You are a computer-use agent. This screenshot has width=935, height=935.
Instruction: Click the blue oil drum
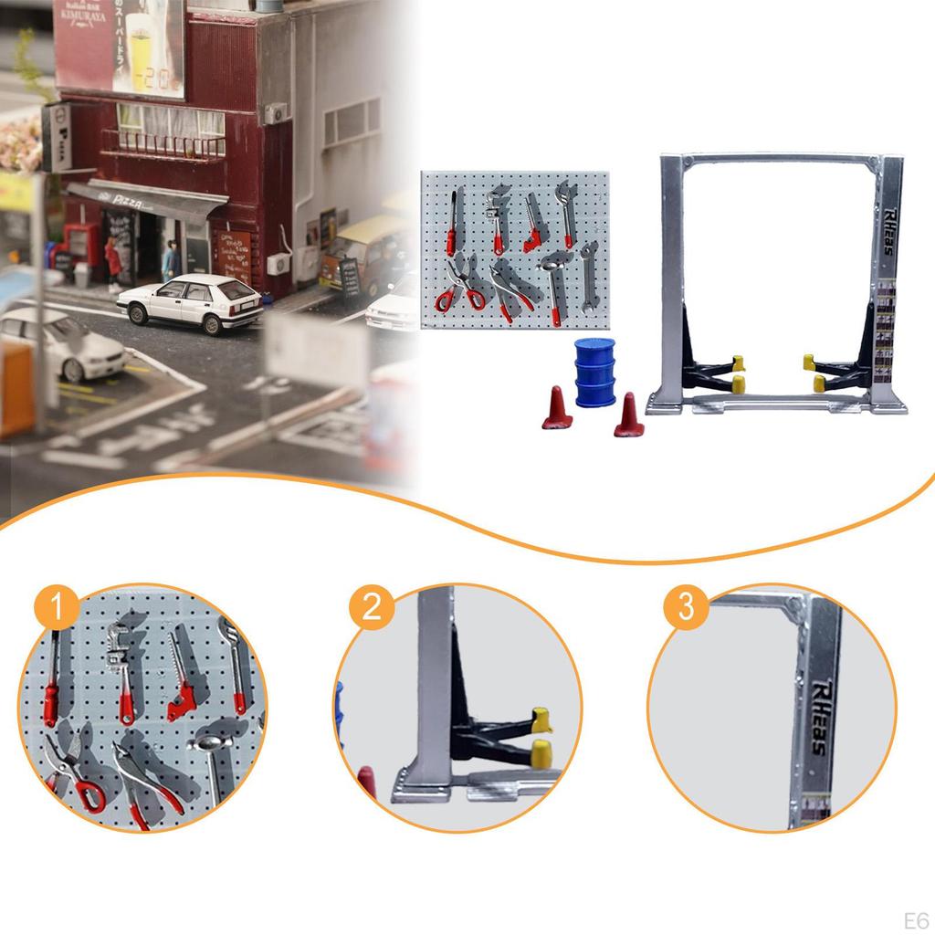(594, 372)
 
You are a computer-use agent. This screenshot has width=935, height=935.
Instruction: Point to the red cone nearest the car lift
(628, 415)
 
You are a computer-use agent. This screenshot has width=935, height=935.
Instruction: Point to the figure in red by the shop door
(113, 262)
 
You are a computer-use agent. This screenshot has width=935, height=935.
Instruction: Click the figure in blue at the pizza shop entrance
(171, 262)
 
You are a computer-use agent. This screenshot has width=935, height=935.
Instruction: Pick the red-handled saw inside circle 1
(183, 684)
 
